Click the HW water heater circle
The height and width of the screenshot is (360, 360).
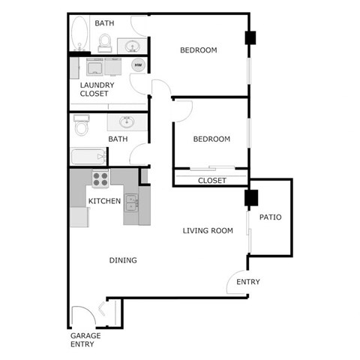tap(138, 65)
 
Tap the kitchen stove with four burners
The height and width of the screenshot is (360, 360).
tap(100, 178)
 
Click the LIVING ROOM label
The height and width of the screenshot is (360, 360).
tap(208, 230)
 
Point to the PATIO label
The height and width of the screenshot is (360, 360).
tap(270, 217)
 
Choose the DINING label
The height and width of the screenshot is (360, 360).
tap(123, 260)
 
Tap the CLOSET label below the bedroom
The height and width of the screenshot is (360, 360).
tap(211, 181)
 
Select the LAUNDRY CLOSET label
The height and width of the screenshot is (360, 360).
tap(97, 89)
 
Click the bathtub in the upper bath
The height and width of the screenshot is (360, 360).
tap(78, 34)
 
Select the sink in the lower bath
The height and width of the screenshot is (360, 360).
tap(124, 121)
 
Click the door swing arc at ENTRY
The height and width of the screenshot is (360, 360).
tap(236, 281)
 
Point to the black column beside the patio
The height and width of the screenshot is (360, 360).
tap(250, 199)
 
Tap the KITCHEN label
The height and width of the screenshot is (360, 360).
tap(104, 201)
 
